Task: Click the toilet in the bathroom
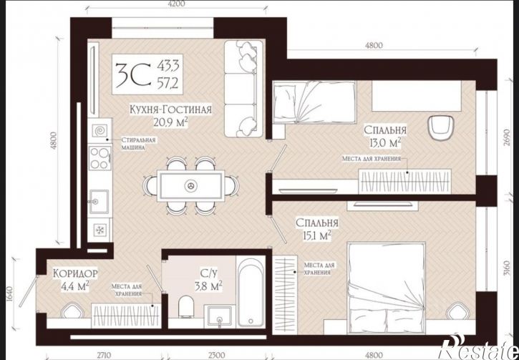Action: (185, 306)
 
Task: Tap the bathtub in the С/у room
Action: (251, 291)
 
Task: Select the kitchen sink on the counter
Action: (98, 201)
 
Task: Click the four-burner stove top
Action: (100, 158)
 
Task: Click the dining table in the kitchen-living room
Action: (190, 185)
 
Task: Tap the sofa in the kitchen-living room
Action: (241, 89)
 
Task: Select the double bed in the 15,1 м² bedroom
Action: (387, 287)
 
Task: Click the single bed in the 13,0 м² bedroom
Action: (314, 102)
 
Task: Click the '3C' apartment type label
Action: (133, 74)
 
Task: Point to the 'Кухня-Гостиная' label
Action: (170, 110)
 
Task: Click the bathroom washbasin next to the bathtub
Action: (219, 316)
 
